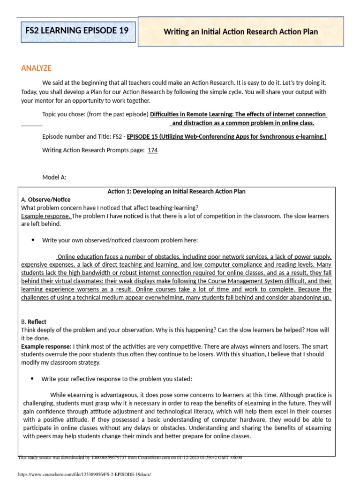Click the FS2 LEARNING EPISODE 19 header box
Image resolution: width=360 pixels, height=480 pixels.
(x=76, y=31)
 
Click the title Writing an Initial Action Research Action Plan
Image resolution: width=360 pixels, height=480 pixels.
(x=240, y=32)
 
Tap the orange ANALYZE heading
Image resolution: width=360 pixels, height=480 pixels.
(x=36, y=68)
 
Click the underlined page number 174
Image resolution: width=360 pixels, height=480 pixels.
(x=153, y=150)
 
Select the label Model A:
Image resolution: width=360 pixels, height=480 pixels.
(x=54, y=177)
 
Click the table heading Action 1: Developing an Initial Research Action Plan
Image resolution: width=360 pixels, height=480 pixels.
(x=177, y=191)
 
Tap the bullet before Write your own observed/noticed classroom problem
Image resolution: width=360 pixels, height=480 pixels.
(x=33, y=240)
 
